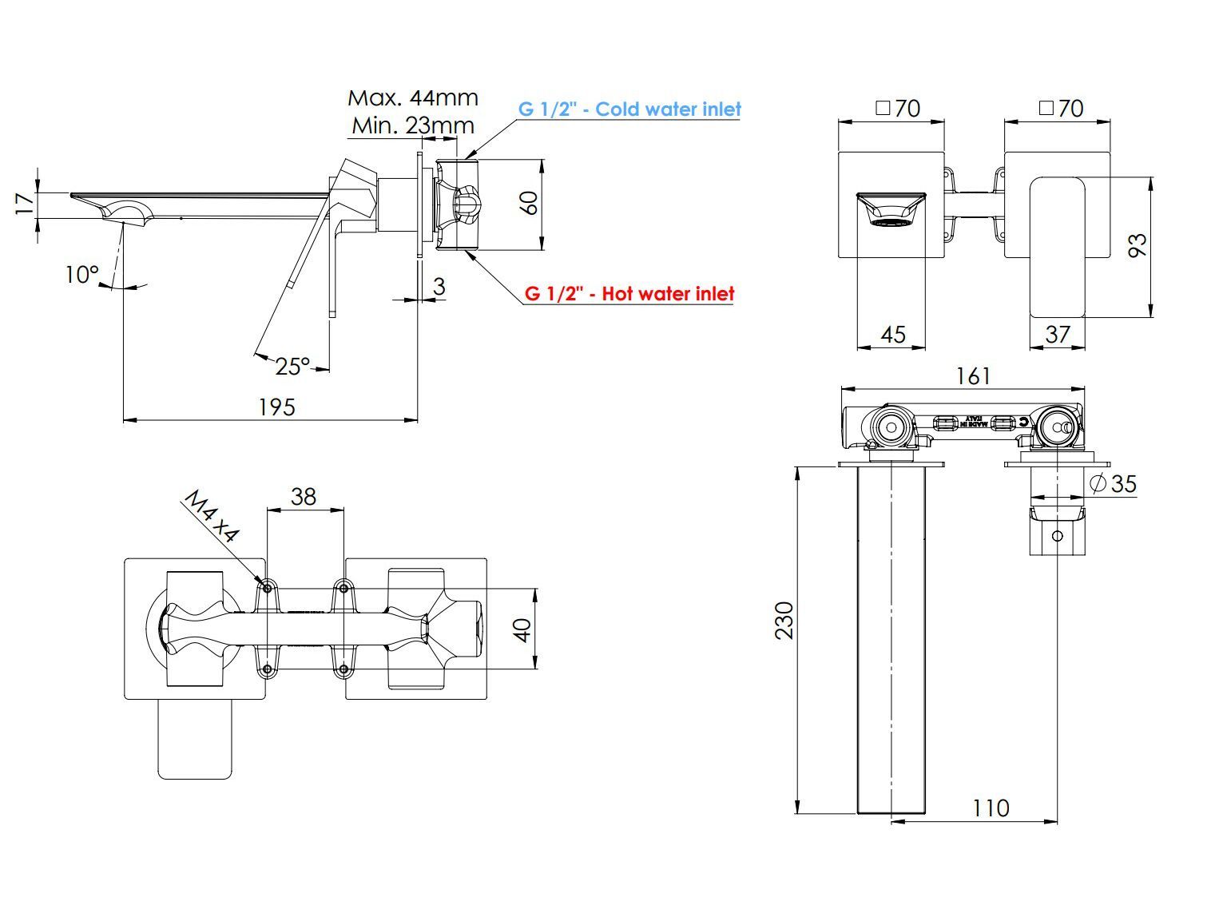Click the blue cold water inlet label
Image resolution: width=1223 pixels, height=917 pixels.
629,109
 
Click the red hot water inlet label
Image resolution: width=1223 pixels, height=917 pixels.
629,294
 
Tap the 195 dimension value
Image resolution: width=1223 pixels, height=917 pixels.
276,407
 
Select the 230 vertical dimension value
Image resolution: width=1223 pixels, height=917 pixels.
784,620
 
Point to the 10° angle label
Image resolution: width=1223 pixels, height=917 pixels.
81,275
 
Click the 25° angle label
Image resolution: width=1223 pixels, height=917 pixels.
292,366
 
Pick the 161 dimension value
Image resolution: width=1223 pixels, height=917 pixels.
972,375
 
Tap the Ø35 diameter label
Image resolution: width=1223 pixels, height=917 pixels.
1113,483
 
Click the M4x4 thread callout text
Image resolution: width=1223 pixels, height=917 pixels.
212,517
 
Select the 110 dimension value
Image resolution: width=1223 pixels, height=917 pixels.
991,808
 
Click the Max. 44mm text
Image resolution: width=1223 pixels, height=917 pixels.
413,98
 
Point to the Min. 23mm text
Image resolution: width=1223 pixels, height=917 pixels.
413,125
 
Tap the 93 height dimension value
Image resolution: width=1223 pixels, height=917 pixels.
1138,244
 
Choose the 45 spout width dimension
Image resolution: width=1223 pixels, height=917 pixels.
892,334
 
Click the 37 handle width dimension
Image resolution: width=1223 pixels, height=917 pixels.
1057,334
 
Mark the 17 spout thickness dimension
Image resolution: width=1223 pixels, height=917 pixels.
25,204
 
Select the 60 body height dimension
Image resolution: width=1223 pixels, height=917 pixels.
528,203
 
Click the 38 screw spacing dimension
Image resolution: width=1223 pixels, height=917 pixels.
304,497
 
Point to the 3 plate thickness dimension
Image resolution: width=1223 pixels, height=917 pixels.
439,286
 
